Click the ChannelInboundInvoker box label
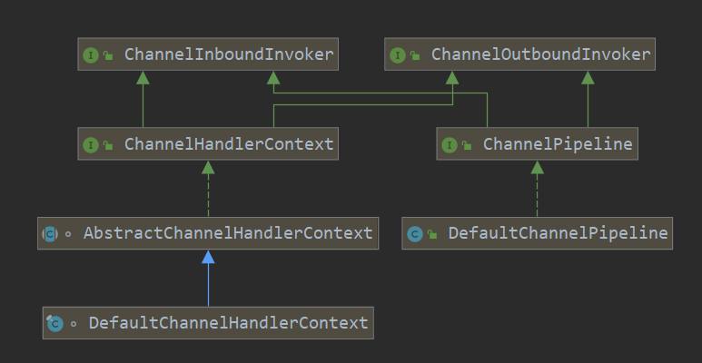click(229, 54)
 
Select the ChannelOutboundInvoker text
click(541, 54)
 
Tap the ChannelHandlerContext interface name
click(229, 143)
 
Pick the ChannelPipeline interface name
click(558, 143)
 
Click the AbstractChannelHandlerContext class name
click(228, 232)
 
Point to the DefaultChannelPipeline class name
click(558, 232)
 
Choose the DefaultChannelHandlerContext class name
click(228, 323)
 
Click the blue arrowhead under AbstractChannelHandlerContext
click(208, 257)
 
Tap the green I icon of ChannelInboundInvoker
click(91, 55)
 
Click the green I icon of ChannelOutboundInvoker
click(398, 55)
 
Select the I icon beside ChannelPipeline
click(450, 144)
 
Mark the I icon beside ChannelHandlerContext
click(91, 144)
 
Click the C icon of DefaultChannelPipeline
click(415, 234)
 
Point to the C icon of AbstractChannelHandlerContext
click(50, 233)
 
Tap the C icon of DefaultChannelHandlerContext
click(55, 323)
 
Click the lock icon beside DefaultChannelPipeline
click(432, 234)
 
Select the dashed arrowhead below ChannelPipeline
click(538, 167)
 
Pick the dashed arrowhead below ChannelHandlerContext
click(208, 167)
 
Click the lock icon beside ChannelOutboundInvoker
click(415, 55)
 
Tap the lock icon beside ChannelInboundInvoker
click(108, 55)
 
